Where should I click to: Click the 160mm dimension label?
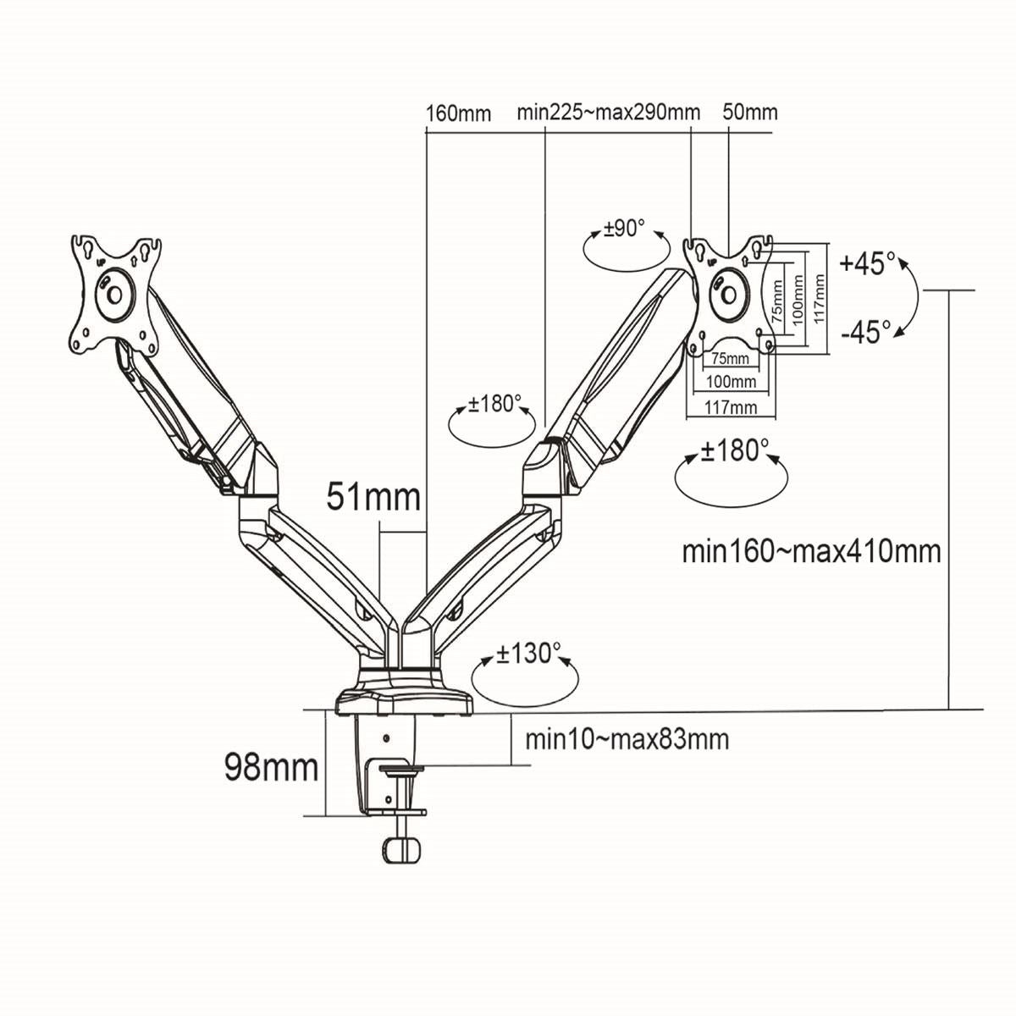(x=458, y=113)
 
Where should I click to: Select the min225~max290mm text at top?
(x=609, y=113)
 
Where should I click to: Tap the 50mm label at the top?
(x=750, y=113)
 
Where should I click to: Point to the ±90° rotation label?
(x=624, y=229)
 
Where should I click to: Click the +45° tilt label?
(x=868, y=263)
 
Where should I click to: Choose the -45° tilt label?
(x=866, y=331)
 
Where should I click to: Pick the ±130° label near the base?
(x=528, y=654)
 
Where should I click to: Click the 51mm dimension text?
(x=373, y=497)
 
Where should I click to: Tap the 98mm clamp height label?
(x=271, y=767)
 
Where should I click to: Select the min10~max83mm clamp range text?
(x=627, y=739)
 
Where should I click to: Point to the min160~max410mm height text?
(x=811, y=551)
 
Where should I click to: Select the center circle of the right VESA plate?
(x=726, y=292)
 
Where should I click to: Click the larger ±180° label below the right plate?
(x=734, y=450)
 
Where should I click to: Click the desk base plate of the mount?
(x=405, y=702)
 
